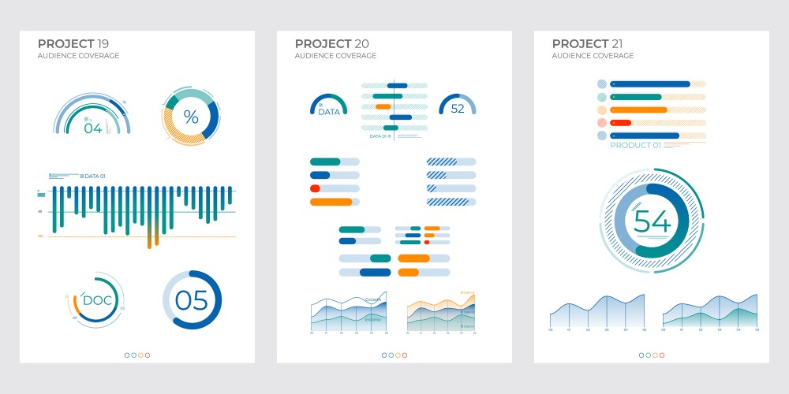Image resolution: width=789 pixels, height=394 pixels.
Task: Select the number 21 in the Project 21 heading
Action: (619, 43)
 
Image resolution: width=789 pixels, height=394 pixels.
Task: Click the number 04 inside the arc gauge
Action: (93, 128)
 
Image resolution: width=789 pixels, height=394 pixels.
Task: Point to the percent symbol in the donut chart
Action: (191, 117)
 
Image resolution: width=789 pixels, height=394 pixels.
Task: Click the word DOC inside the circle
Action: (97, 300)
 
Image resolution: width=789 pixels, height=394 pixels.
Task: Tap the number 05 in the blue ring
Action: (191, 300)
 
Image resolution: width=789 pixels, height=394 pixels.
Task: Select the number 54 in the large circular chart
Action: (653, 222)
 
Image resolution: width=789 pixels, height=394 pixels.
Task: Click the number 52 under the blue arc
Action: (458, 110)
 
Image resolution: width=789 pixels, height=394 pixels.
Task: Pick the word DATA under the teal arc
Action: (329, 112)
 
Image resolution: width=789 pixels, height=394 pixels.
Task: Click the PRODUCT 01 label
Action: (636, 146)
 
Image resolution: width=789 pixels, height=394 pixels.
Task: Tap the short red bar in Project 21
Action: (621, 123)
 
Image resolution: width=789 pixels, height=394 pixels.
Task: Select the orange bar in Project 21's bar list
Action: (638, 110)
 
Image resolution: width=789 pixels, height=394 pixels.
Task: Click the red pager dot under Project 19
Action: (148, 355)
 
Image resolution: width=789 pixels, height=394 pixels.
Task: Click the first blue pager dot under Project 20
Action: (384, 355)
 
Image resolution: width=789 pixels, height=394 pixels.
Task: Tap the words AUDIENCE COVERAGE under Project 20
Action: (335, 56)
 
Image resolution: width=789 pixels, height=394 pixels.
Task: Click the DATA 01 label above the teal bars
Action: (95, 176)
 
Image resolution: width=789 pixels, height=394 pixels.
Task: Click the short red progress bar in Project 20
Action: (315, 188)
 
